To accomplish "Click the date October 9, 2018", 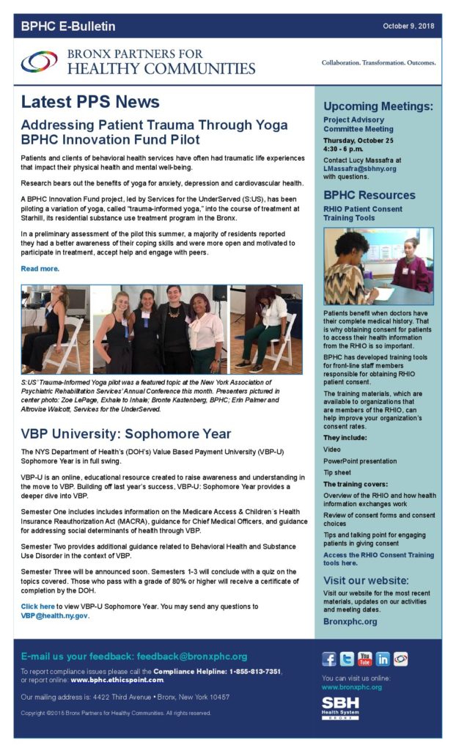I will pyautogui.click(x=408, y=26).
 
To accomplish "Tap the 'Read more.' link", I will pyautogui.click(x=40, y=268).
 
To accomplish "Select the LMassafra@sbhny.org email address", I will pyautogui.click(x=360, y=168).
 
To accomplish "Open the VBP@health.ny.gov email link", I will pyautogui.click(x=55, y=616).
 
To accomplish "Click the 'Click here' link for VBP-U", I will pyautogui.click(x=38, y=607).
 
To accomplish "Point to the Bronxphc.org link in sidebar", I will pyautogui.click(x=350, y=621).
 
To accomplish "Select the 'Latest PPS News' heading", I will pyautogui.click(x=90, y=102).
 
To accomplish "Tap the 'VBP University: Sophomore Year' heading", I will pyautogui.click(x=126, y=433).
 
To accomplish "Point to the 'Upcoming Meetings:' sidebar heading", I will pyautogui.click(x=378, y=106).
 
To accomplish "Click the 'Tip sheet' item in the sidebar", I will pyautogui.click(x=338, y=472).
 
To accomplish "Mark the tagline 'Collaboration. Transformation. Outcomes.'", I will pyautogui.click(x=378, y=62).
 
